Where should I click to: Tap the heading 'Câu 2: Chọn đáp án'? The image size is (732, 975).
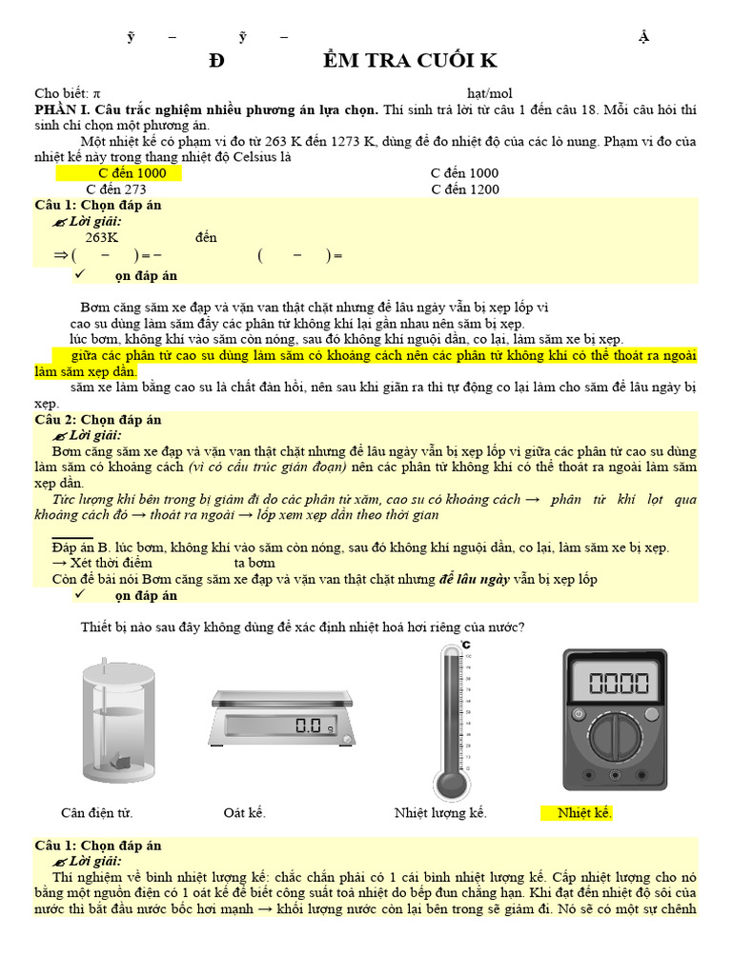click(x=98, y=420)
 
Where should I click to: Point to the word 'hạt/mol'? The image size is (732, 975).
click(x=490, y=93)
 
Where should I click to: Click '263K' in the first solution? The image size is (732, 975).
click(x=102, y=238)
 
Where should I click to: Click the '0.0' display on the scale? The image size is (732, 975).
click(x=310, y=726)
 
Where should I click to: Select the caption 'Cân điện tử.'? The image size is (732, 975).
click(x=96, y=813)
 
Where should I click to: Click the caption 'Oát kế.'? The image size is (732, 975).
click(x=244, y=813)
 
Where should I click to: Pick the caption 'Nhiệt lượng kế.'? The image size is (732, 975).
click(x=440, y=813)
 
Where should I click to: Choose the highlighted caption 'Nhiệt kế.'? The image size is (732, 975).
click(x=584, y=813)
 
